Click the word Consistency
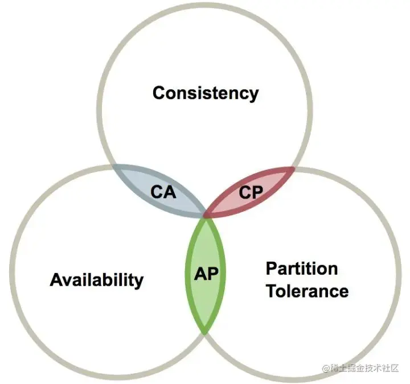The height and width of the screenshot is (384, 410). point(205,92)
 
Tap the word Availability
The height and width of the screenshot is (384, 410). point(97,279)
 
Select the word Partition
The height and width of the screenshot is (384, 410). point(302,268)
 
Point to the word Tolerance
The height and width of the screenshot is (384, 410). point(307,291)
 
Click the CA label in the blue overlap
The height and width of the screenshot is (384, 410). point(163,192)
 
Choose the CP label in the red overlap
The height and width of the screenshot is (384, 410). point(251,192)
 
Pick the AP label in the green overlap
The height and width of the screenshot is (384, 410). point(206,272)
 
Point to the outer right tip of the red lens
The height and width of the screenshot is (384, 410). point(294,168)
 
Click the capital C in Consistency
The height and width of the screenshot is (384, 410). point(159,92)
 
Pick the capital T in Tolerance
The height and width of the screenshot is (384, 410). point(272,291)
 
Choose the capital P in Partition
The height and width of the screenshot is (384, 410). point(272,268)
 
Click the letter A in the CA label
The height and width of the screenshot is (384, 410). point(170,192)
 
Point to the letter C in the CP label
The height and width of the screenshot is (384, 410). point(244,192)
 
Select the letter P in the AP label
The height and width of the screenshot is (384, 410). point(213,272)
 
